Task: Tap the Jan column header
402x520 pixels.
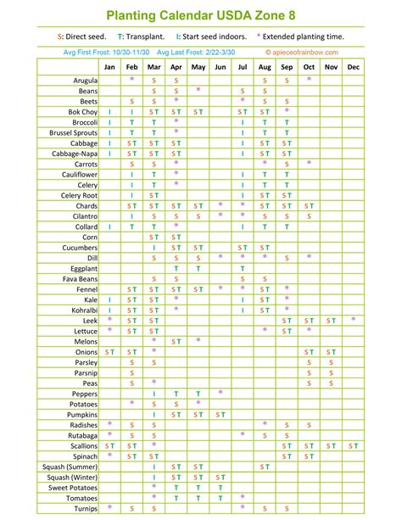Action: [109, 66]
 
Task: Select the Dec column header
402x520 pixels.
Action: [353, 66]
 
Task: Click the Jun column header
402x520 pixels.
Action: [220, 66]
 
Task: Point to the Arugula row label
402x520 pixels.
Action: [83, 80]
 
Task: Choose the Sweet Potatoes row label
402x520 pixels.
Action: [72, 487]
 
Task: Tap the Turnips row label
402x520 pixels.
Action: [84, 508]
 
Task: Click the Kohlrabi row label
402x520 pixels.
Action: [82, 310]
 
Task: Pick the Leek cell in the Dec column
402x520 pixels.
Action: [353, 320]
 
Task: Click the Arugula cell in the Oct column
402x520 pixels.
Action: [309, 80]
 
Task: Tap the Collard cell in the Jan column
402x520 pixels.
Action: [109, 226]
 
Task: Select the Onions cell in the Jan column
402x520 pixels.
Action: [109, 351]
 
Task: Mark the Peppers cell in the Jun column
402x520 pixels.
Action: [220, 393]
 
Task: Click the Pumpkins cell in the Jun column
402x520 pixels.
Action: [220, 414]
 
